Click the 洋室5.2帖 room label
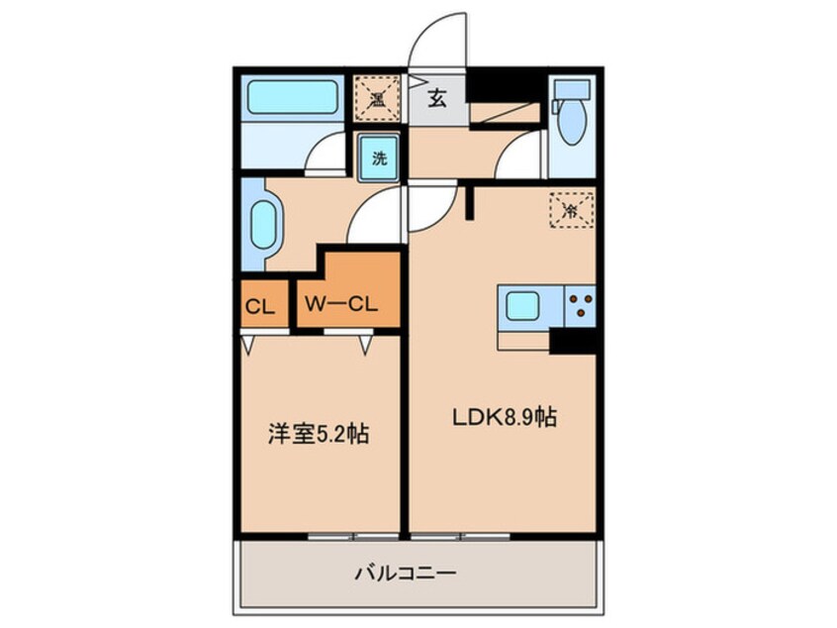point(319,434)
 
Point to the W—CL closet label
point(339,304)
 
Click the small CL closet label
point(260,307)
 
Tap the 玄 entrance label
point(436,97)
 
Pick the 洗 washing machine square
point(378,157)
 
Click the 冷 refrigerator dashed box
point(570,209)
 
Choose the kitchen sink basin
point(521,306)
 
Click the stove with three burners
point(580,305)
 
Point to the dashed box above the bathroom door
point(376,96)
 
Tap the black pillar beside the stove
point(573,339)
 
